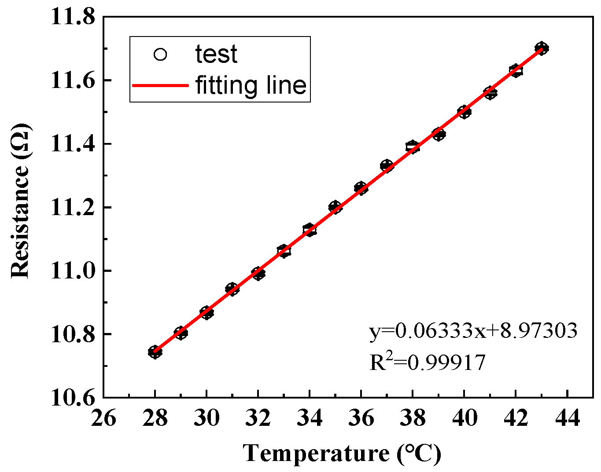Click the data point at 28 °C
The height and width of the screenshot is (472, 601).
tap(155, 352)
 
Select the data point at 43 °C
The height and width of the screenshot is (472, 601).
tap(542, 48)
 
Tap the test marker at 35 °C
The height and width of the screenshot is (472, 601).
tap(335, 207)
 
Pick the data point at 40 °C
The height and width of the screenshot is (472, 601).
tap(464, 112)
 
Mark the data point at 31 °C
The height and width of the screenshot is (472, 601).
tap(232, 289)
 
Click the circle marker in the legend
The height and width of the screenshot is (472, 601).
tap(160, 55)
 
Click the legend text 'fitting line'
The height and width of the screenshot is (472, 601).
tap(251, 85)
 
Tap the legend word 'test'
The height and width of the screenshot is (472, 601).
tap(216, 55)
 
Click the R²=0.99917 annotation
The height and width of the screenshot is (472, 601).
tap(427, 362)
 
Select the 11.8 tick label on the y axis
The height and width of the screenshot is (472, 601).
tap(73, 18)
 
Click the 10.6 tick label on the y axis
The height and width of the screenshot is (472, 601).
tap(73, 398)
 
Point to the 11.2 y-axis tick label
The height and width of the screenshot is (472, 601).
tap(73, 207)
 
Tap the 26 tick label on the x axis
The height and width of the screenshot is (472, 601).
tap(103, 418)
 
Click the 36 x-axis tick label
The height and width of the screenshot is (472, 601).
tap(361, 418)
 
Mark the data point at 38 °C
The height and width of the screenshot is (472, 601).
tap(413, 146)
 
